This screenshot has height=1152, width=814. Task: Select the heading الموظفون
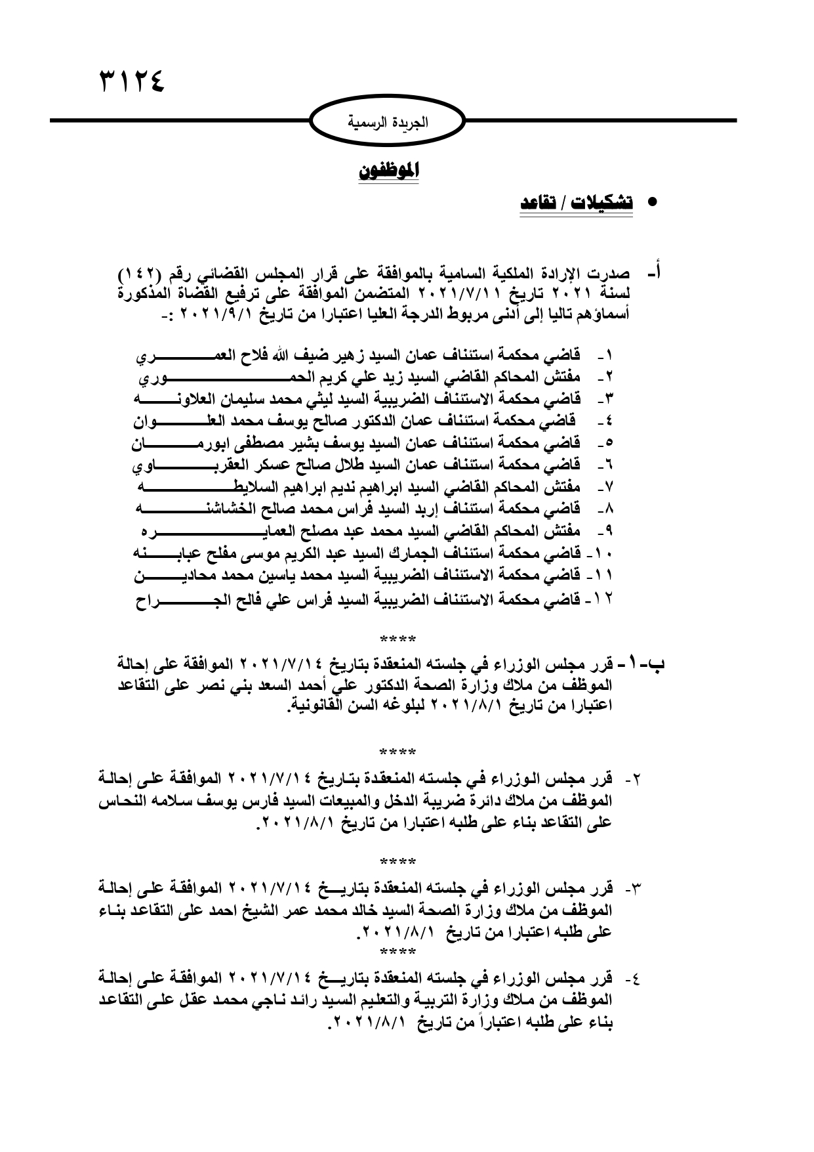[x=389, y=172]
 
